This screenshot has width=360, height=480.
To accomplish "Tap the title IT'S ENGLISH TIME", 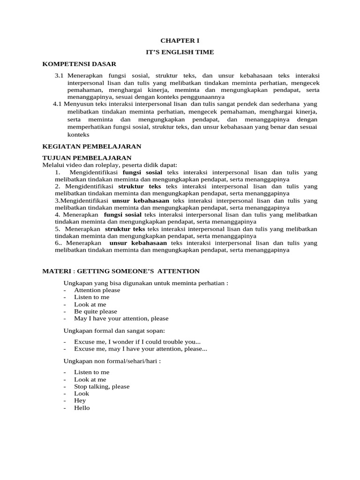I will point(180,52).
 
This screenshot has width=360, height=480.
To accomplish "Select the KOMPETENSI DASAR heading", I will point(79,64).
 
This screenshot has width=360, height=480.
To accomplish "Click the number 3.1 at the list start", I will point(59,75).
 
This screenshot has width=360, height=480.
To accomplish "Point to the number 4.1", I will point(58,104).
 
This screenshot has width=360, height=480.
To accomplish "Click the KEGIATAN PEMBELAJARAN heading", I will point(91,146).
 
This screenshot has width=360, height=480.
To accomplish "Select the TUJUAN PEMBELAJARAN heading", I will point(87,157).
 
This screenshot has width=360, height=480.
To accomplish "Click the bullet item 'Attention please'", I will point(97,290).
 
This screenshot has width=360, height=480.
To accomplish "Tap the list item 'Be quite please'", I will point(96,311).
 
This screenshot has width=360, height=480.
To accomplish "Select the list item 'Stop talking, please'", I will point(102,387).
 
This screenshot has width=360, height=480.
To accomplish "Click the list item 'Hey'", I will point(80,401).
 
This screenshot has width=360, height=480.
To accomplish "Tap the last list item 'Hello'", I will point(82,408).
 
